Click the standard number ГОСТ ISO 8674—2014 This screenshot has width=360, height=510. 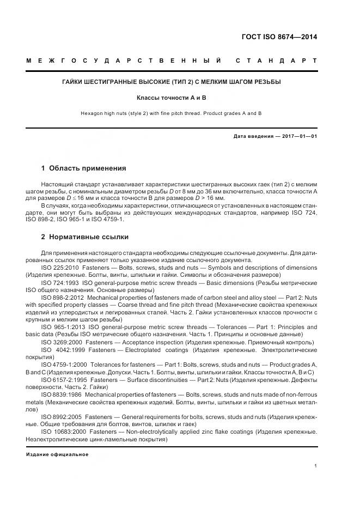(279, 37)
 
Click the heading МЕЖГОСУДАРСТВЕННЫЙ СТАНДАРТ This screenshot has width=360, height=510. (172, 60)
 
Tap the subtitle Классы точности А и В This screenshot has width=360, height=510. (172, 98)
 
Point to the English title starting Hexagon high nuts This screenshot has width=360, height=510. (172, 113)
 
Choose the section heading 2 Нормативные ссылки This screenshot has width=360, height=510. (85, 237)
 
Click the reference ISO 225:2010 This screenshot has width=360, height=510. (60, 268)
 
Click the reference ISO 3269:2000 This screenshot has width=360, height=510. (61, 342)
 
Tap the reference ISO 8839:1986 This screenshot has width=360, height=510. (60, 394)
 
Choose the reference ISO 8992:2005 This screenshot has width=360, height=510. (60, 417)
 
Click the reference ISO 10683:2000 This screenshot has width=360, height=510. (62, 432)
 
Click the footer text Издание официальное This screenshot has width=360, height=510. (57, 454)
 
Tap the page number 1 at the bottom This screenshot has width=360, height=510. (315, 466)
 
